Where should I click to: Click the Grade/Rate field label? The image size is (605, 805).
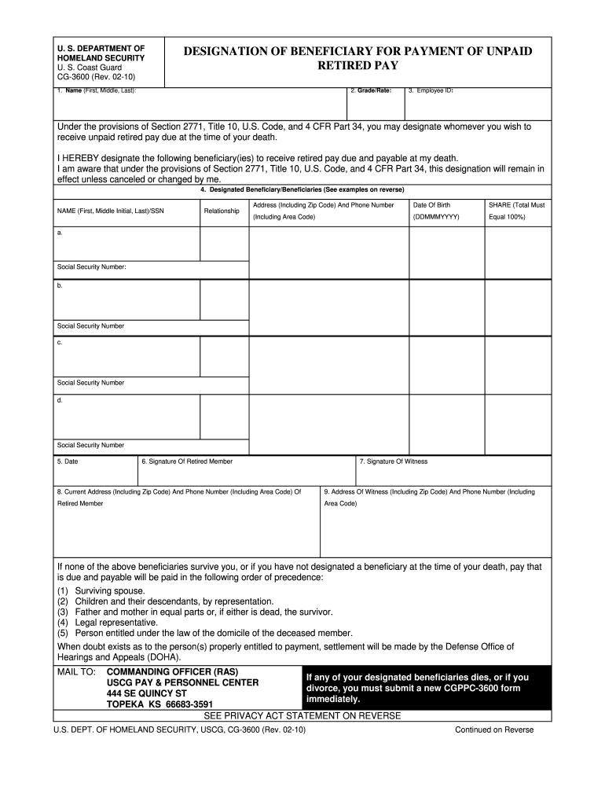point(370,91)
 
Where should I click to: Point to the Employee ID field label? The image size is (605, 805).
point(431,91)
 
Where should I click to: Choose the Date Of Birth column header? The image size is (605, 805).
point(432,204)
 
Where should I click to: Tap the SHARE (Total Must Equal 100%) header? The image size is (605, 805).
point(516,211)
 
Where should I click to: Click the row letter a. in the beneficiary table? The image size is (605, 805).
point(60,233)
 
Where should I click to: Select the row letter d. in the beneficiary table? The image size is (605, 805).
point(60,400)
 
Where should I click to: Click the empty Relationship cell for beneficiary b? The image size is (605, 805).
point(223,300)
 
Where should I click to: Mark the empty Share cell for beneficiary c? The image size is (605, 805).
point(516,355)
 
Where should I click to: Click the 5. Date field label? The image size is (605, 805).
point(67,461)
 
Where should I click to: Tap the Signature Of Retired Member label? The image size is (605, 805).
point(187,461)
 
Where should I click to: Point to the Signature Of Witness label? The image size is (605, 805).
point(394,461)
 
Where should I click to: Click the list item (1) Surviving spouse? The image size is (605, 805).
point(101,590)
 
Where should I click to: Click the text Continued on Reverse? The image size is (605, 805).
point(494,730)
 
